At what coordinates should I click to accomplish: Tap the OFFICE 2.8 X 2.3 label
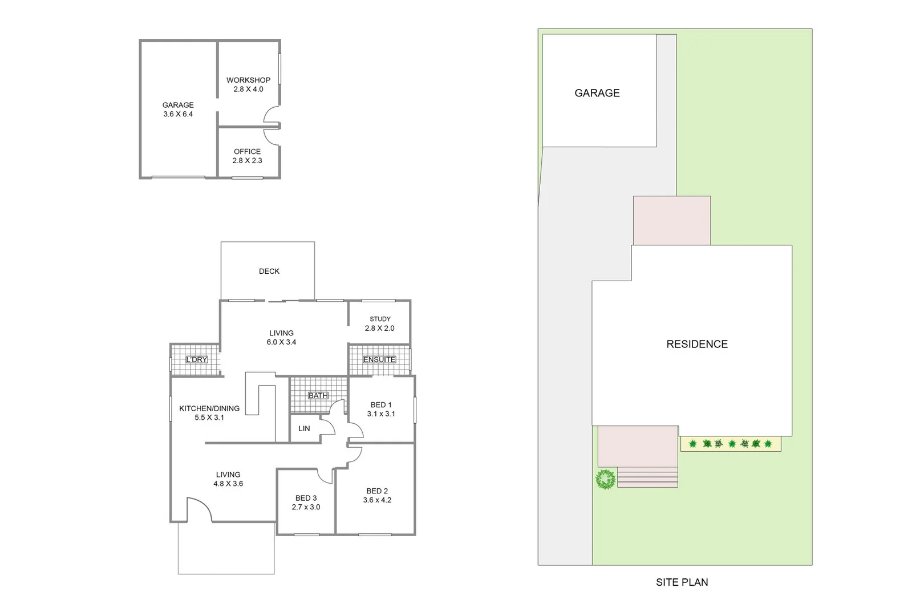coord(247,156)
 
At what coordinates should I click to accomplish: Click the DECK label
coord(269,271)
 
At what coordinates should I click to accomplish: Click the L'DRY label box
coord(197,359)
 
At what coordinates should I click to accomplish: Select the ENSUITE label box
coord(379,359)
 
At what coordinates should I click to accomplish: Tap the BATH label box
coord(318,395)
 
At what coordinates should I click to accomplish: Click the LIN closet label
coord(304,428)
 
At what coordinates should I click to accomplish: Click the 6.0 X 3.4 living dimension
coord(281,342)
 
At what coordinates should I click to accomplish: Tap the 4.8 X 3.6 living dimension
coord(228,484)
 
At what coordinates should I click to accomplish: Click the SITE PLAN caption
coord(682,582)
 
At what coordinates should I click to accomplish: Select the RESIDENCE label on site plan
coord(697,344)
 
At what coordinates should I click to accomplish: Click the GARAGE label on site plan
coord(597,93)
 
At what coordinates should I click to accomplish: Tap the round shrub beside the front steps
coord(606,479)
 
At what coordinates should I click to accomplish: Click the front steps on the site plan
coord(648,477)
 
